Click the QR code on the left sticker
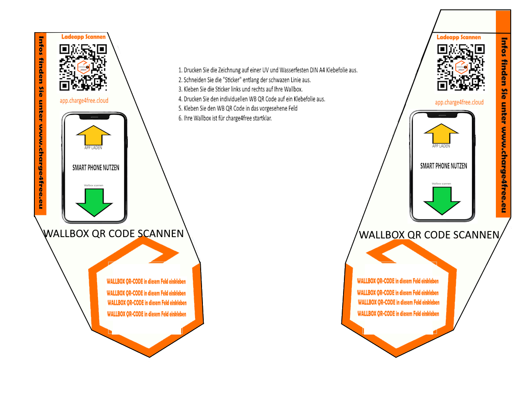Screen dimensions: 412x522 click(x=83, y=67)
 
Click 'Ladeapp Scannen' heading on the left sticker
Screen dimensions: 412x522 click(x=84, y=37)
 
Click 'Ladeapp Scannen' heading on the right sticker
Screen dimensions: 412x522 click(x=459, y=37)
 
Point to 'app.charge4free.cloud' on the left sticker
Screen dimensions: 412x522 click(x=84, y=101)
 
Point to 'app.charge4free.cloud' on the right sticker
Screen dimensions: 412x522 click(x=459, y=103)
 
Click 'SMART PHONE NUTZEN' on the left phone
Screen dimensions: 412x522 click(x=95, y=167)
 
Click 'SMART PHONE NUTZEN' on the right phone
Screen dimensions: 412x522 click(x=443, y=166)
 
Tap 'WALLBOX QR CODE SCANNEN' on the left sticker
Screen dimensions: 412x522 click(x=114, y=234)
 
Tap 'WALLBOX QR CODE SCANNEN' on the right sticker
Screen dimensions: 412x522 click(x=429, y=235)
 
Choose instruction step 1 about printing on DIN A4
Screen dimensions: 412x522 click(x=268, y=70)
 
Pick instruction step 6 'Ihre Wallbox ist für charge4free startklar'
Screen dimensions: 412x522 click(x=225, y=118)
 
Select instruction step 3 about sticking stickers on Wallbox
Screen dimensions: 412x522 click(x=240, y=89)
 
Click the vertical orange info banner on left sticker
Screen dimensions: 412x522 click(x=40, y=123)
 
